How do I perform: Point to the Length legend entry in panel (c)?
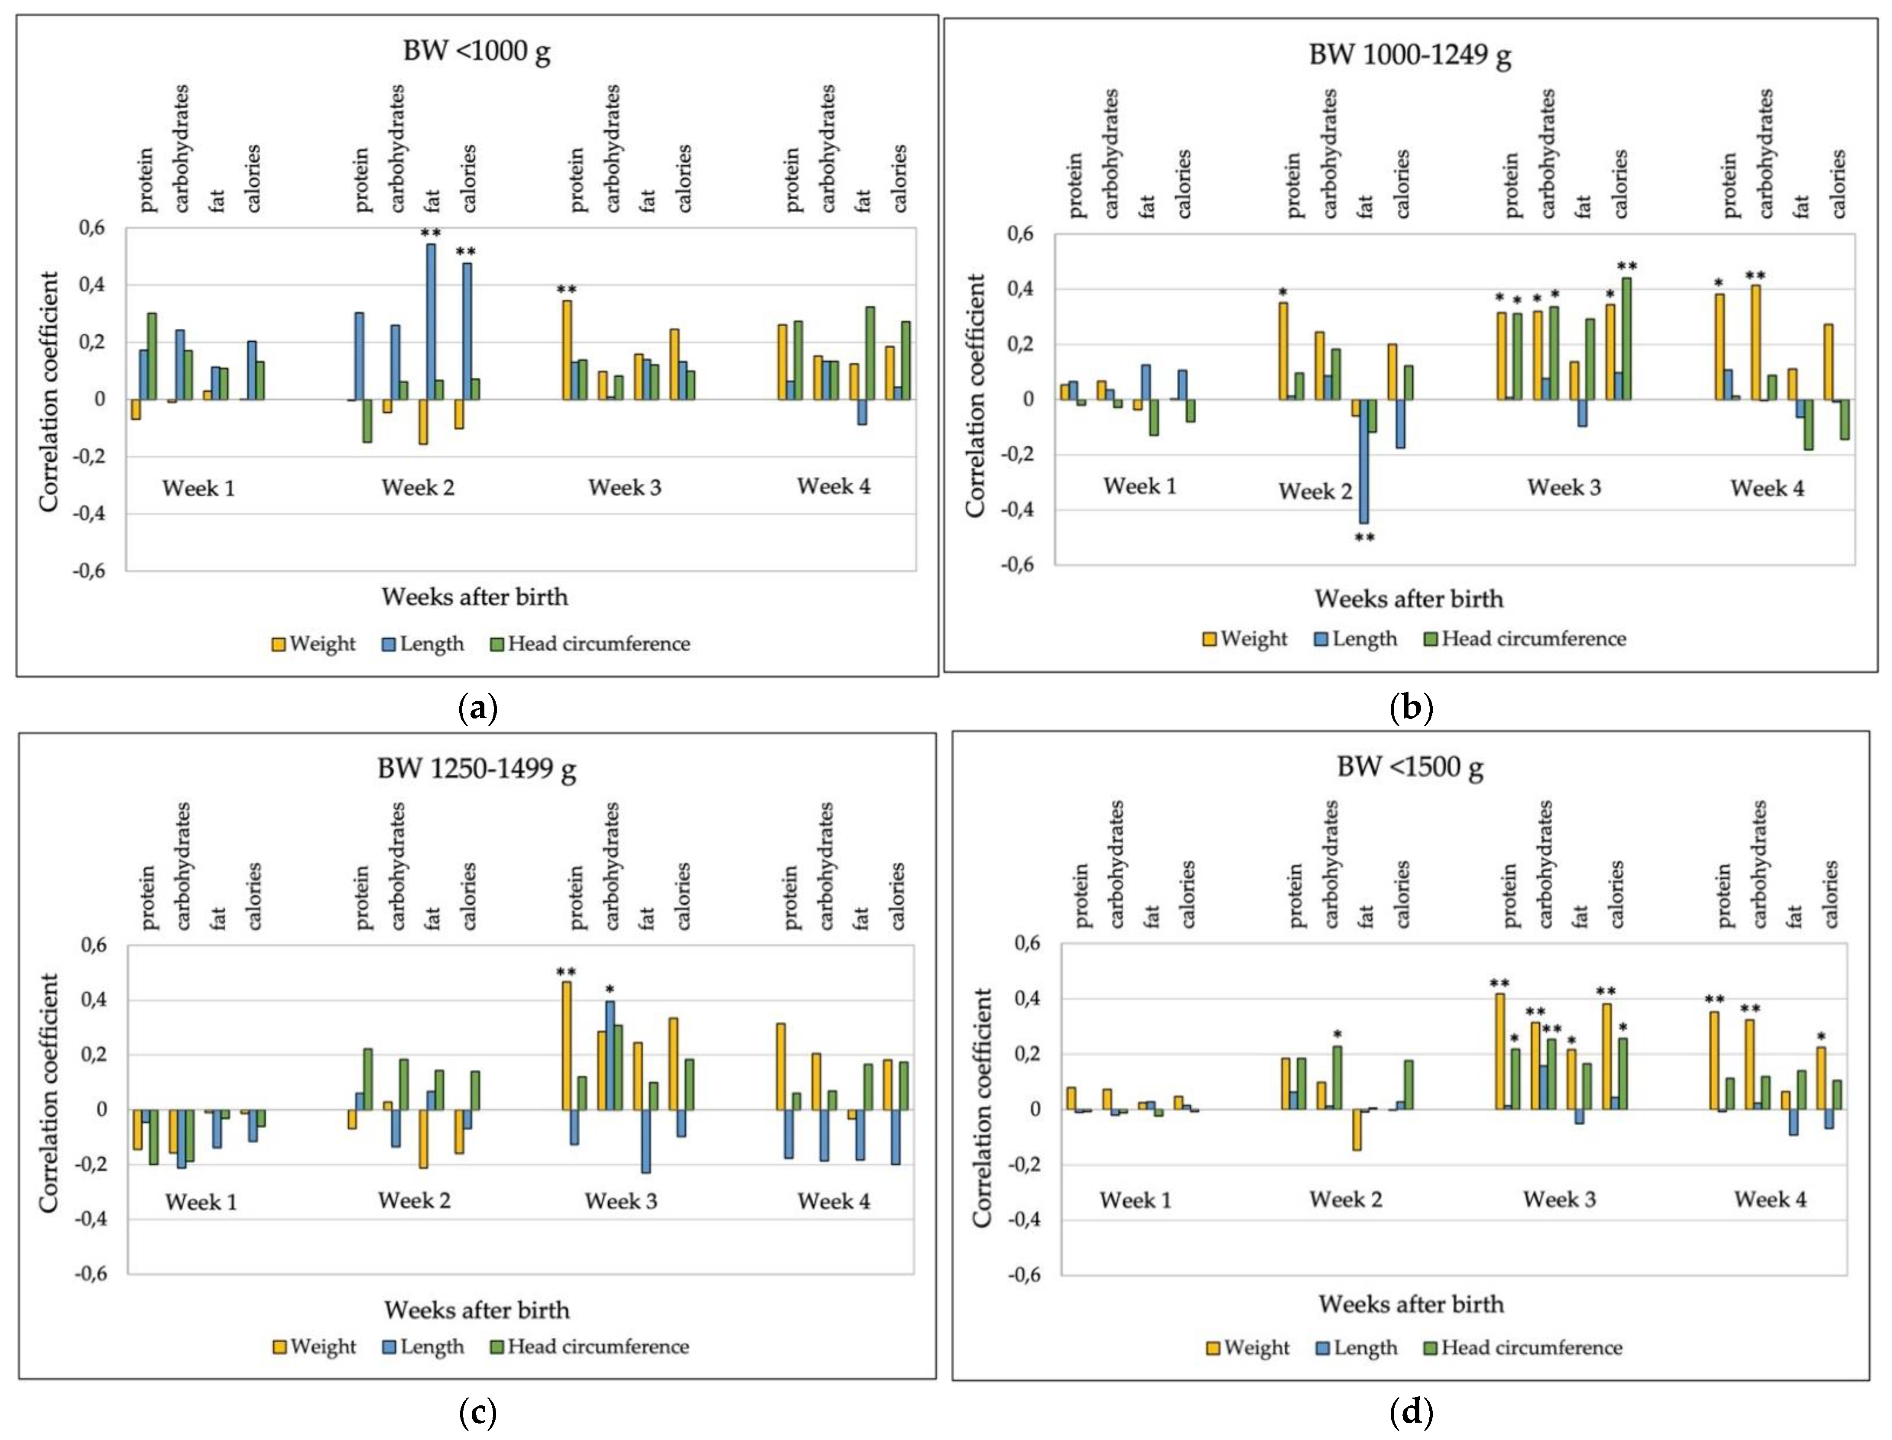(x=423, y=1346)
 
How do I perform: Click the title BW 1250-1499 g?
(x=477, y=768)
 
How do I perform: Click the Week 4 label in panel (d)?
(x=1770, y=1199)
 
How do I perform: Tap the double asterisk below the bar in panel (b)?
(x=1364, y=538)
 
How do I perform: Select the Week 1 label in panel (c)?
(x=201, y=1202)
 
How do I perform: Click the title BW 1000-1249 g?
(x=1410, y=55)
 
